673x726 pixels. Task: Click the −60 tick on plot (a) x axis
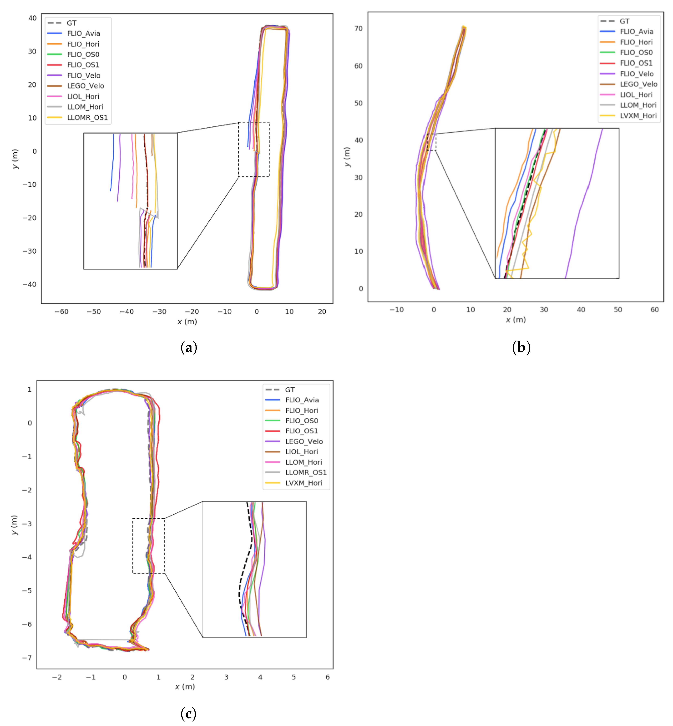coord(61,312)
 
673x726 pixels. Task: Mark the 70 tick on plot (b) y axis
coord(358,28)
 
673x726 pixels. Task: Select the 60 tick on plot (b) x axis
coord(654,310)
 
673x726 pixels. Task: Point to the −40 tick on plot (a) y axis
coord(30,284)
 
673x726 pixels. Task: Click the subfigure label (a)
coord(189,347)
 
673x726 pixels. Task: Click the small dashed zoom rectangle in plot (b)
coord(431,142)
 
